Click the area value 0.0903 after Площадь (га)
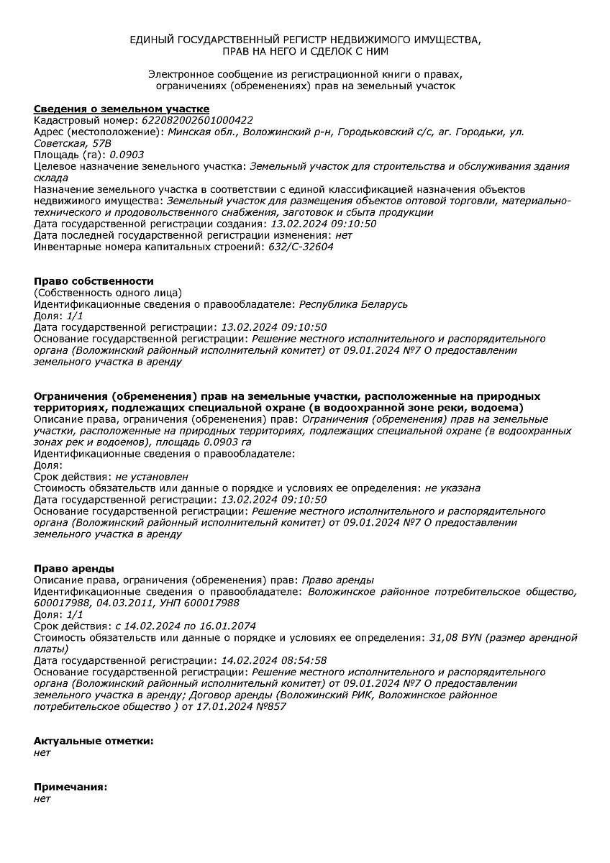coord(126,155)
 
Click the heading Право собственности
coord(94,281)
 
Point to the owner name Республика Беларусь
coord(353,304)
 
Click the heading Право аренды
coord(74,569)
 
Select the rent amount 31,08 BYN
coord(456,638)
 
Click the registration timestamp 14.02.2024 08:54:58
coord(274,661)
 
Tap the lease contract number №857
coord(272,707)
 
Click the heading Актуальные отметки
coord(94,741)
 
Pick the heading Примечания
coord(70,787)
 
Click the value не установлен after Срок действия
coord(152,477)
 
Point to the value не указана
coord(452,488)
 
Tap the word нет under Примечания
coord(42,799)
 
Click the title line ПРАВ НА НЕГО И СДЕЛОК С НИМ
coord(305,52)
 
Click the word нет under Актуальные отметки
coord(42,753)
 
